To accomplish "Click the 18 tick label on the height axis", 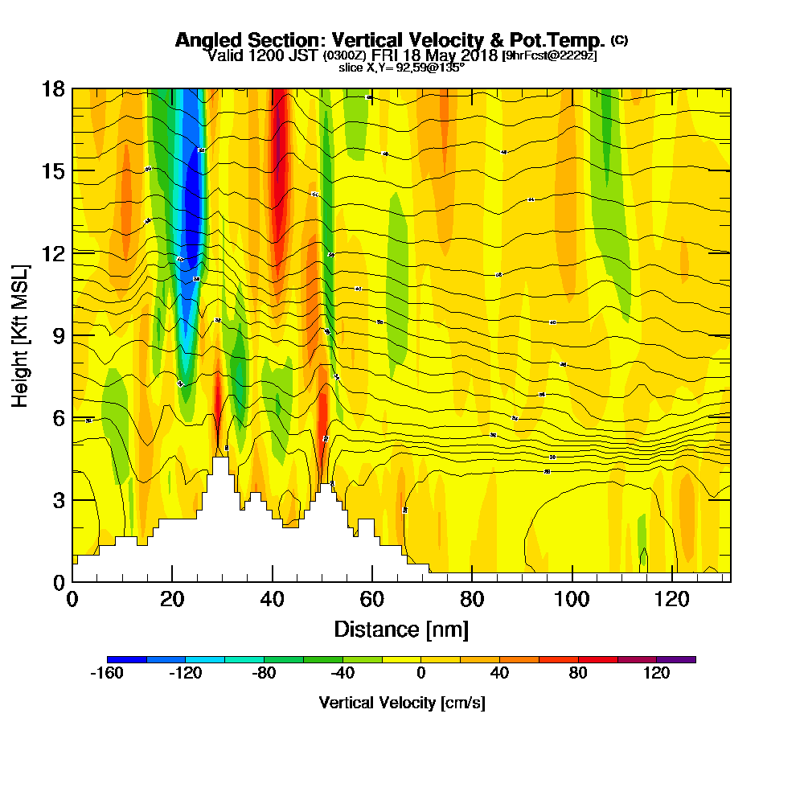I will coord(54,88).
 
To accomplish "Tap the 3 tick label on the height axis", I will coord(59,499).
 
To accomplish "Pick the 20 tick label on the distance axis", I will coord(172,599).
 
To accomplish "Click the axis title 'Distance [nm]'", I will coord(400,629).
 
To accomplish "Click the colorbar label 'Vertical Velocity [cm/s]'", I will coord(402,703).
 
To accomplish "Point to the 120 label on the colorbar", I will coord(657,674).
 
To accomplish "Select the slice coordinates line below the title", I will coord(401,68).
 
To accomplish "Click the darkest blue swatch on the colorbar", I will coord(126,659).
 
